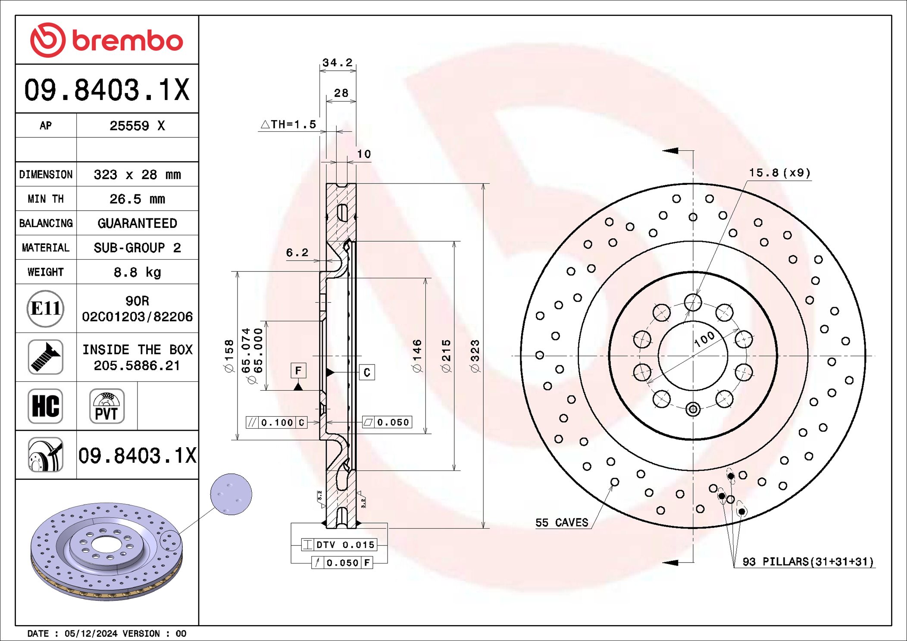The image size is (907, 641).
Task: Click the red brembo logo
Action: (106, 40)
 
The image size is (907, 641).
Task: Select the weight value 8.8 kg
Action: (137, 272)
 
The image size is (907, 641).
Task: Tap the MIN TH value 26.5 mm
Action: (137, 199)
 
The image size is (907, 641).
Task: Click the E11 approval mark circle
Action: (46, 308)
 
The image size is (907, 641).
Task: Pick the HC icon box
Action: (46, 406)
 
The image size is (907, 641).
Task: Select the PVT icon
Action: (107, 406)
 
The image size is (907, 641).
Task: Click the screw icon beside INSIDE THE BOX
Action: (46, 357)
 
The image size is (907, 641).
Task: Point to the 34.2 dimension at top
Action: (338, 63)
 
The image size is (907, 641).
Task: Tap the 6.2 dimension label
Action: (297, 252)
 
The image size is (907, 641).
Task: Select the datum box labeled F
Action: (298, 370)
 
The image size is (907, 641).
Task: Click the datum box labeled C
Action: (367, 372)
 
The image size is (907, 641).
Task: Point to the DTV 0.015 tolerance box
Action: (339, 545)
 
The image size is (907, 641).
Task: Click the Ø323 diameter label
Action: (475, 356)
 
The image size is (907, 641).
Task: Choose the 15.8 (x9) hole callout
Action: (779, 173)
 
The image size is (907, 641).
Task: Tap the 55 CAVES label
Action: (562, 523)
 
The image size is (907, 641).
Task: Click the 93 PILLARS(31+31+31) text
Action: (807, 562)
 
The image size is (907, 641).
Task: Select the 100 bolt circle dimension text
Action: (704, 339)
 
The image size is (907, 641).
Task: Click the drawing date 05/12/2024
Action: (91, 633)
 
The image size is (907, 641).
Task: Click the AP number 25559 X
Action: (137, 126)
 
